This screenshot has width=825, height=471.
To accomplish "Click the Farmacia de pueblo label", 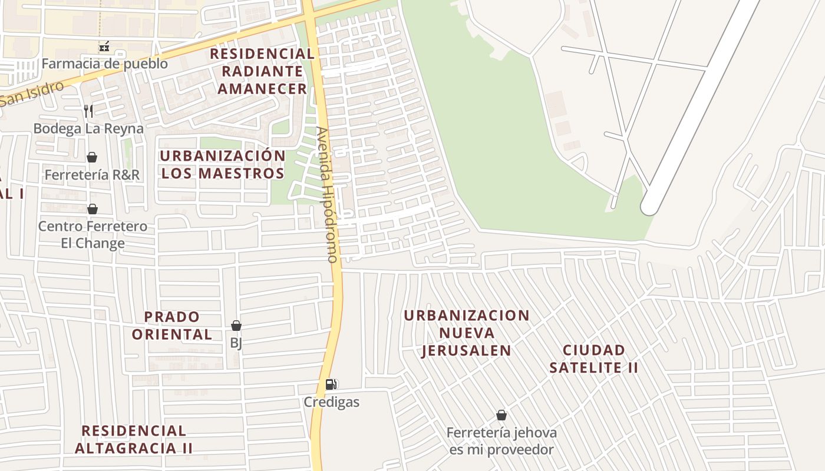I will tap(104, 64).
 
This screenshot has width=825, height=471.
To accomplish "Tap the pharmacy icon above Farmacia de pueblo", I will tap(104, 46).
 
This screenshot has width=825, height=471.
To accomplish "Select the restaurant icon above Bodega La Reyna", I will tap(88, 111).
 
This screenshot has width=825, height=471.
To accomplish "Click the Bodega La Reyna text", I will tap(88, 128).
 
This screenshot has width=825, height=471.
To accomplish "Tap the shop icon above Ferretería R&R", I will tap(92, 157).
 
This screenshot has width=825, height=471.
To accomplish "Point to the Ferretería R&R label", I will tap(92, 175).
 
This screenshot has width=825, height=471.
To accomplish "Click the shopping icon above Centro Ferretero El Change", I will tap(93, 209).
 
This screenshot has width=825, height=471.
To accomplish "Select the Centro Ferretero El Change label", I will tap(93, 234).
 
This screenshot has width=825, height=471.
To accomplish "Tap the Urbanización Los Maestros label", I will tap(223, 164).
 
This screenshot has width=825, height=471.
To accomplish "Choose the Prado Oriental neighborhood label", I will tap(172, 326).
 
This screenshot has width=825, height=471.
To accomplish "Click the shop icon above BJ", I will tap(236, 326).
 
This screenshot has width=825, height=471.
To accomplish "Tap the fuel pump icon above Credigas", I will tap(331, 384).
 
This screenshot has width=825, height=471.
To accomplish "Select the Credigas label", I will tap(331, 403).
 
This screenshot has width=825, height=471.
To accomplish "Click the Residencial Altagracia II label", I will tap(134, 439).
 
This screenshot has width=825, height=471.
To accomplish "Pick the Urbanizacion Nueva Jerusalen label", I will tap(466, 333).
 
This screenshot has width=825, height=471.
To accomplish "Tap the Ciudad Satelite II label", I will tap(593, 359).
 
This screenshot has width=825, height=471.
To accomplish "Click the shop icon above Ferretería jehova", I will tap(501, 415).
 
